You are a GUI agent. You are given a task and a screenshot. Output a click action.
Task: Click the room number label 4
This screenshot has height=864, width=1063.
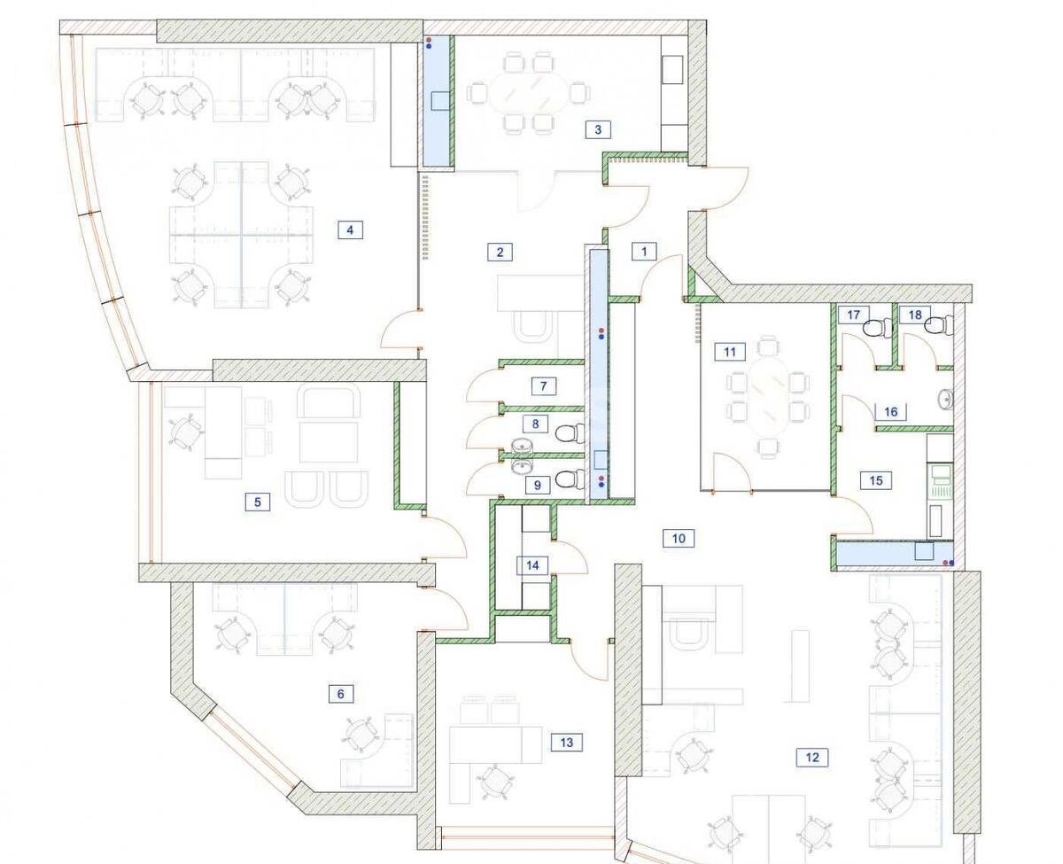350,230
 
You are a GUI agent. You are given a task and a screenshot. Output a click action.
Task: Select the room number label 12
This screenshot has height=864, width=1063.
812,757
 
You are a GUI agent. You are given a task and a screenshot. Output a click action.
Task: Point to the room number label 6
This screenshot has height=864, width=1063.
341,694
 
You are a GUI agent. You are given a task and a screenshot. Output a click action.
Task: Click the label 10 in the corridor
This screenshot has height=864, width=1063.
679,539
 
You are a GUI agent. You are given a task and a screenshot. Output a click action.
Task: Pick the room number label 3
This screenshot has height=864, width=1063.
598,129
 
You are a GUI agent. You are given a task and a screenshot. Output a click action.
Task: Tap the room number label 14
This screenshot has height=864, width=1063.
532,565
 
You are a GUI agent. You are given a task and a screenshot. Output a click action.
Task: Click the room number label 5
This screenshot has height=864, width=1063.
258,502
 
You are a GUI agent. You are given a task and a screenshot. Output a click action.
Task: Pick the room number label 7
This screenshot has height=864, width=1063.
544,385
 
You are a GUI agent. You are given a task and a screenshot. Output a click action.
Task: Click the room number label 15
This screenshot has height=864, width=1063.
876,480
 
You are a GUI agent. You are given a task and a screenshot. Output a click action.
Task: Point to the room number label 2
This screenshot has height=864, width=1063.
500,252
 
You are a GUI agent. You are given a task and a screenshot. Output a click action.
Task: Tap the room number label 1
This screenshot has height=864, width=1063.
644,251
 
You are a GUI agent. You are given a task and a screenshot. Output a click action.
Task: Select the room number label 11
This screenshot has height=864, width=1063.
730,352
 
